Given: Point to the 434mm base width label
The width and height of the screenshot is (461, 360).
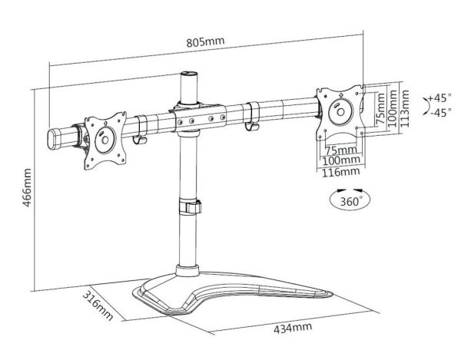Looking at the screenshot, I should coord(293,329).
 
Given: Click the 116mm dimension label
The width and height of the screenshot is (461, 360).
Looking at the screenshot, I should coord(340,173).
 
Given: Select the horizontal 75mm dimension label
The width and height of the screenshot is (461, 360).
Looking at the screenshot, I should coord(340,150).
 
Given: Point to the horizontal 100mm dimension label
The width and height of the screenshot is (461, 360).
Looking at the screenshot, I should coord(340,160).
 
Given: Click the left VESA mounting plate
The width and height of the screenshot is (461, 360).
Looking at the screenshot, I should coord(103,139).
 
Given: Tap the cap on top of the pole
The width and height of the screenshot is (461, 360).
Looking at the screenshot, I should coord(186,76).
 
